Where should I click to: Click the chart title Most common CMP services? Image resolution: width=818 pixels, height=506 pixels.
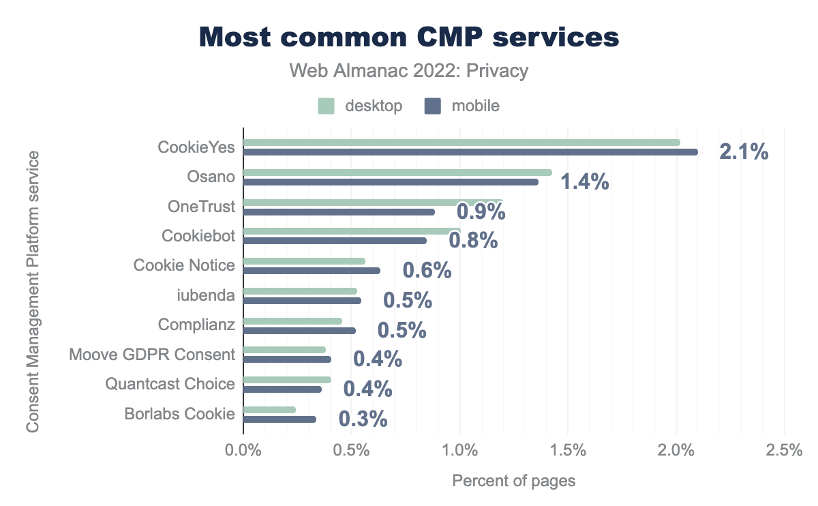[x=409, y=38]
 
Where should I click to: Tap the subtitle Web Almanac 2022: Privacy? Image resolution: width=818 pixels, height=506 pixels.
[x=409, y=71]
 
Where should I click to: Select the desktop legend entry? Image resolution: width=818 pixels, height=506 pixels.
[x=361, y=106]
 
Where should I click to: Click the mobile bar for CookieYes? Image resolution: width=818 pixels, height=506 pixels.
[x=470, y=152]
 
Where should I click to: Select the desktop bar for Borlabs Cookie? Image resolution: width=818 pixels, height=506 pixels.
[x=269, y=410]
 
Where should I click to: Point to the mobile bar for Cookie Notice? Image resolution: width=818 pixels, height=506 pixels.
[x=312, y=271]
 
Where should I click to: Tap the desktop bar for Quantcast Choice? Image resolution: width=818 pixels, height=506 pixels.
[x=287, y=380]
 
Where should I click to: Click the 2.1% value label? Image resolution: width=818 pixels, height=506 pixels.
[x=744, y=151]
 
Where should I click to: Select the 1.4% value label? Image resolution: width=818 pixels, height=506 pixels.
[x=584, y=181]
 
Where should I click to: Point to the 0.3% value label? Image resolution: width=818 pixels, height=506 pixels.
[x=363, y=419]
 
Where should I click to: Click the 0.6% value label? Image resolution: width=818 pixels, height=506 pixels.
[x=427, y=271]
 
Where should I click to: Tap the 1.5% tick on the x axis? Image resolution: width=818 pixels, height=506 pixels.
[x=568, y=451]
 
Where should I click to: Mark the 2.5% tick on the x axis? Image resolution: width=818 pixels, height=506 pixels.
[x=784, y=451]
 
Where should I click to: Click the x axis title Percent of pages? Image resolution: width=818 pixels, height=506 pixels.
[x=513, y=481]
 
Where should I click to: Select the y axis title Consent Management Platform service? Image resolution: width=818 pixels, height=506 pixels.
[x=32, y=291]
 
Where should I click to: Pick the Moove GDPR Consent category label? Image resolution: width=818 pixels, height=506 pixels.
[x=152, y=355]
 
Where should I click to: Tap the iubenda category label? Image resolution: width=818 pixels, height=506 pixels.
[x=205, y=295]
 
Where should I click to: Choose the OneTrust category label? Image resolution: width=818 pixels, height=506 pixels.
[x=201, y=207]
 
